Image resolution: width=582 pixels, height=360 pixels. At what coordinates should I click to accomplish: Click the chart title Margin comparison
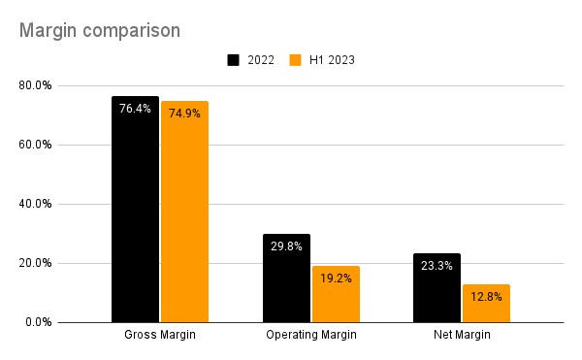(x=99, y=30)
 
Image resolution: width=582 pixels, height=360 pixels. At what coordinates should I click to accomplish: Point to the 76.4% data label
(x=135, y=109)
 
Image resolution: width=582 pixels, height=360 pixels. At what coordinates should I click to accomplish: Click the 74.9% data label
(x=184, y=114)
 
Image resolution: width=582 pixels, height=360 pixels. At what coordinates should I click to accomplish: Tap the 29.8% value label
(x=286, y=246)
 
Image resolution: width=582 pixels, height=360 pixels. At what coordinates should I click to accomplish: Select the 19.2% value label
(x=336, y=278)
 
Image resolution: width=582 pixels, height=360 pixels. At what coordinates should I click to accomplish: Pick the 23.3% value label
(x=436, y=266)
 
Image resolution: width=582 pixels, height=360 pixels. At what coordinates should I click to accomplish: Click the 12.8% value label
(x=486, y=297)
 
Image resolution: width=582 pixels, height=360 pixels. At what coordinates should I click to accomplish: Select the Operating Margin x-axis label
(x=310, y=335)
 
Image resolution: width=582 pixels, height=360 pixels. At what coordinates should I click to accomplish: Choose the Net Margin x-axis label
(x=462, y=335)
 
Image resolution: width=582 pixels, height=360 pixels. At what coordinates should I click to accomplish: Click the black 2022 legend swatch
(x=234, y=60)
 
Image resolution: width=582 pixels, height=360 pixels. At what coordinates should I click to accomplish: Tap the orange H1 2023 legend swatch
(x=296, y=60)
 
